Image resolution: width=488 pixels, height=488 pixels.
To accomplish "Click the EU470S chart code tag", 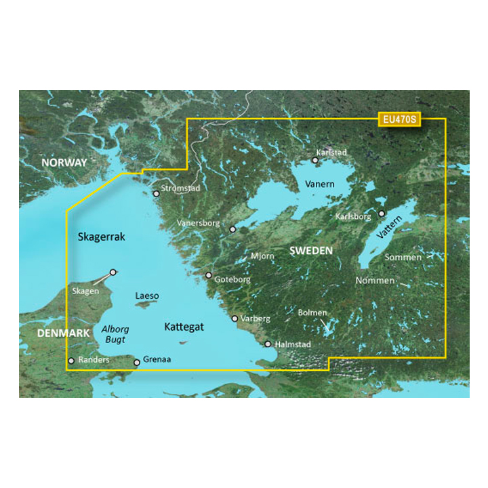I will click(x=399, y=119).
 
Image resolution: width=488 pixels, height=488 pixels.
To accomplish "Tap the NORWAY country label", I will click(x=64, y=163).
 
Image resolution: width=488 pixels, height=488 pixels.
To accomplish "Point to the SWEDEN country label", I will click(x=311, y=251).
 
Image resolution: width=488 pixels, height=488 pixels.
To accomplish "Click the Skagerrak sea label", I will click(x=102, y=237).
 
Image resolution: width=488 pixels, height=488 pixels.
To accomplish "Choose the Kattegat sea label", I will click(x=184, y=327).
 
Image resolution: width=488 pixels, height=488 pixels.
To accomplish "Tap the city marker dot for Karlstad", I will click(x=315, y=161).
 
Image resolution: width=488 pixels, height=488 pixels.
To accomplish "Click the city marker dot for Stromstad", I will click(x=157, y=193).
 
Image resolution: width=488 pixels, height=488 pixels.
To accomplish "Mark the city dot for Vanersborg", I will click(x=232, y=230).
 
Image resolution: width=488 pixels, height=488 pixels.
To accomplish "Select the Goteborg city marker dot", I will click(x=209, y=275).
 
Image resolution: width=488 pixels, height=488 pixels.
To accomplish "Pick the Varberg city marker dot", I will click(x=235, y=318).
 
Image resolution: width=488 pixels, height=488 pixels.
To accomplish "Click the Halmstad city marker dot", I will click(x=268, y=344).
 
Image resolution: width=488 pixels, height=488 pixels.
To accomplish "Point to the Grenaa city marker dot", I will click(x=137, y=363).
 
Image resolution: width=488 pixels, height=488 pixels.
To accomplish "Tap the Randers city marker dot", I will click(x=71, y=361).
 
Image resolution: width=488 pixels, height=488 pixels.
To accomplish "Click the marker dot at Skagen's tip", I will click(x=113, y=272).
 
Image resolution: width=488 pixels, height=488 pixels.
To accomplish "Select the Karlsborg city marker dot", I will click(x=382, y=213).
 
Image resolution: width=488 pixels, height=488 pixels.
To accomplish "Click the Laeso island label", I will click(x=147, y=296).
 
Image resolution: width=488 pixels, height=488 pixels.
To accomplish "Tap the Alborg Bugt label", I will click(x=115, y=333).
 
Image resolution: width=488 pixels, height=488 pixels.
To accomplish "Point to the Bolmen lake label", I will click(x=312, y=312).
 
